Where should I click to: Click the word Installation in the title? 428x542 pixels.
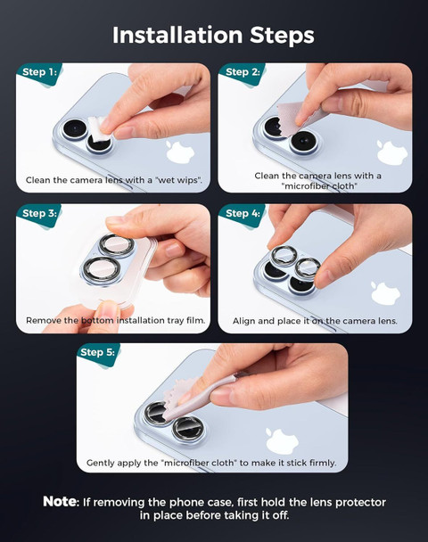point(177,35)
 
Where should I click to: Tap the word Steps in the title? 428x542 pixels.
point(282,36)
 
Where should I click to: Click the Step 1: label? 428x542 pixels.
point(39,72)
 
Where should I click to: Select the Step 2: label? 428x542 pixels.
point(243,72)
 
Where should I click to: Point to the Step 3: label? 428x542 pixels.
point(39,213)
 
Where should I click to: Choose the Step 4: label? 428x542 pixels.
point(243,213)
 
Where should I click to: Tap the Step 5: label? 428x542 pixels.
point(97,352)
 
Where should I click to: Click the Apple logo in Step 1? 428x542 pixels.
point(180,152)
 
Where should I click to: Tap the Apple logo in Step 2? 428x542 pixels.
point(392,152)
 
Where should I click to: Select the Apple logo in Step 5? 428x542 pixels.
point(282,440)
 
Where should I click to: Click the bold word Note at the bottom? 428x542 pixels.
point(60,502)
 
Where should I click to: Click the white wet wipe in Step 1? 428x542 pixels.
point(99,129)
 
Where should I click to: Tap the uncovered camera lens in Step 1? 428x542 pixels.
point(74,129)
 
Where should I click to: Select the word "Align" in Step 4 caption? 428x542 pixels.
point(243,321)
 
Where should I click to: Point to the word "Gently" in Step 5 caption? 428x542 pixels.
point(100,463)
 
